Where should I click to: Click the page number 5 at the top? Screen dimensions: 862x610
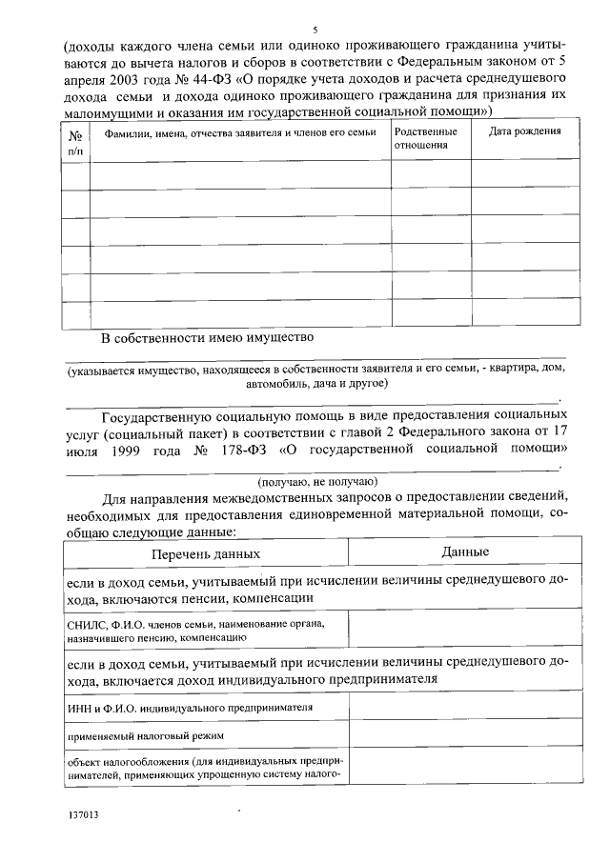pyautogui.click(x=315, y=29)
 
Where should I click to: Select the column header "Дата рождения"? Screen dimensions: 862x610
pyautogui.click(x=524, y=131)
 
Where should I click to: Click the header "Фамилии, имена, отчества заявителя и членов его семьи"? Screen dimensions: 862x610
pyautogui.click(x=239, y=131)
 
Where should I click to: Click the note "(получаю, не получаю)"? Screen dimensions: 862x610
pyautogui.click(x=318, y=480)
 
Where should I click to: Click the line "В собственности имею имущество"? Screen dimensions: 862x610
pyautogui.click(x=208, y=338)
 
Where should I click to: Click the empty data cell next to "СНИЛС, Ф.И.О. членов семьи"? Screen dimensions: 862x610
pyautogui.click(x=465, y=629)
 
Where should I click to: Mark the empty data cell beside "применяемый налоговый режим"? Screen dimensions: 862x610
pyautogui.click(x=465, y=735)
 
